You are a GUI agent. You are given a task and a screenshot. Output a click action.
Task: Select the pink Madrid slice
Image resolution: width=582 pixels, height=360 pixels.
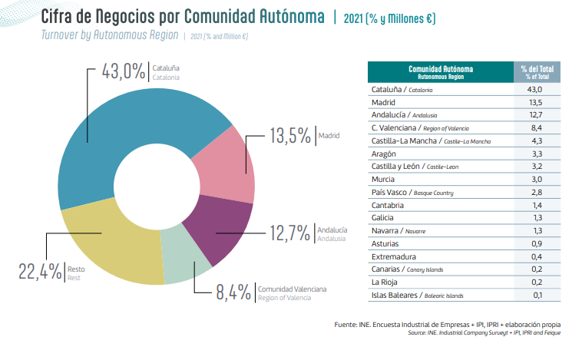227,165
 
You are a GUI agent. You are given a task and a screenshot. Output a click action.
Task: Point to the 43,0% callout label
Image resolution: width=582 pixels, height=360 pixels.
124,72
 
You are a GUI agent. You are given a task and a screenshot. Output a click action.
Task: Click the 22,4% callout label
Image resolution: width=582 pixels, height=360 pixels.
40,271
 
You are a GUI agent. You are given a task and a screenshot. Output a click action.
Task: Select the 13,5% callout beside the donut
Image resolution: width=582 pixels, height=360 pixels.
290,136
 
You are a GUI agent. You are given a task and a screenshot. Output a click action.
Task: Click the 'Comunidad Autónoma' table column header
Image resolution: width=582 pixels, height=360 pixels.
435,71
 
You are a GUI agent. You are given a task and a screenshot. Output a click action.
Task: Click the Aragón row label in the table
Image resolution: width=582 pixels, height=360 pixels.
384,154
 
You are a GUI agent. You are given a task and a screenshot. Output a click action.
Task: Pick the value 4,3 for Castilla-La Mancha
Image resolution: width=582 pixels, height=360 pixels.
537,140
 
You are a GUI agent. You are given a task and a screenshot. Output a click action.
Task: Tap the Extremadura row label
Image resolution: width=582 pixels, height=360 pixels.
393,256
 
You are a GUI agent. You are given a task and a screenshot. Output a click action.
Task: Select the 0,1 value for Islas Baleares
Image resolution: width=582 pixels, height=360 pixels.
537,295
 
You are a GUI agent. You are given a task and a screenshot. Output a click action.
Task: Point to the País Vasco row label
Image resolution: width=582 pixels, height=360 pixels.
390,192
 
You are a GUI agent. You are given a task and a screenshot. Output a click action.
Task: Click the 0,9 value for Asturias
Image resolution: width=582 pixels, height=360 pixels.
537,243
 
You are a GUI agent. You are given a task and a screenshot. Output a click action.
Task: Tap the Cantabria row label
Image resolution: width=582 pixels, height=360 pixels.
389,205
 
